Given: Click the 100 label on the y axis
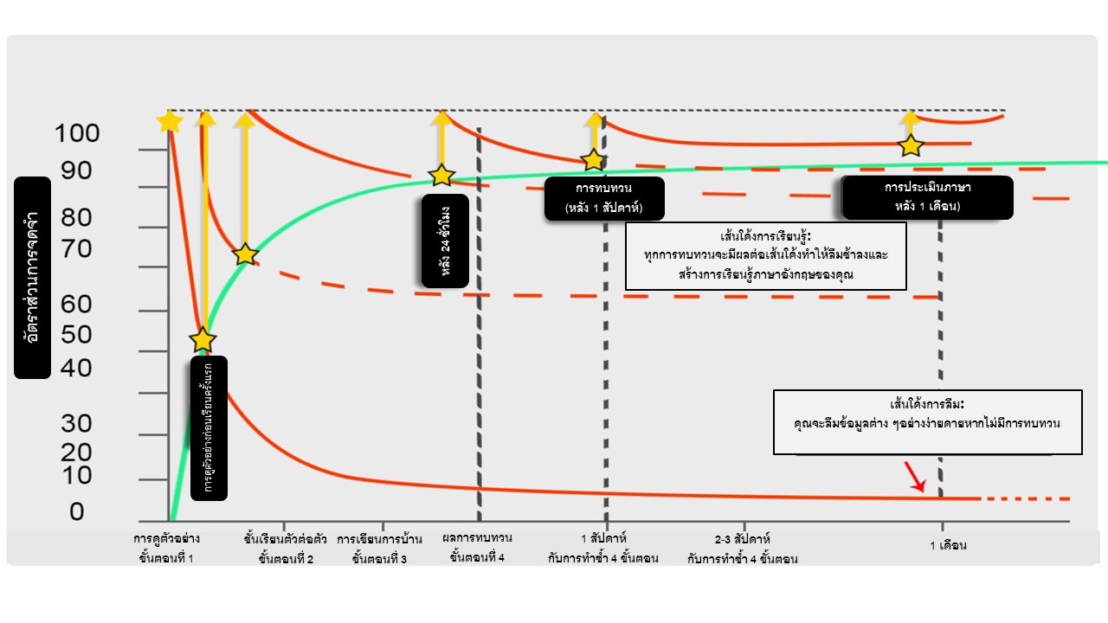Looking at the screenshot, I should coord(77,134).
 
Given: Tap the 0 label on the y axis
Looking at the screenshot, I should coord(77,512).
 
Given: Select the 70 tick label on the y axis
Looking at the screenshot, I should coord(77,250).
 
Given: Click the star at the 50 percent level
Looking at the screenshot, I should coord(203,340).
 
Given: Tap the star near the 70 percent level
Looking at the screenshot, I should coord(246,254).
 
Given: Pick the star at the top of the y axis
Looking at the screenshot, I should coord(171,121).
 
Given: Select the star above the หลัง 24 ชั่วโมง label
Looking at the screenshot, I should coord(441,176).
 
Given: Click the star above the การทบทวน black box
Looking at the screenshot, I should coord(593,160).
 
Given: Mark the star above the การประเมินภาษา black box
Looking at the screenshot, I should coord(910,145).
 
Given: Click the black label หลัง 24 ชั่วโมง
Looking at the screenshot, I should coord(445,241).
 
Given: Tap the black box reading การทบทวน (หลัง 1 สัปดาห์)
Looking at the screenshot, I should coord(604,198).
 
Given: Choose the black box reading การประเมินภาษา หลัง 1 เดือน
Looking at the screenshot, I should coord(927,197).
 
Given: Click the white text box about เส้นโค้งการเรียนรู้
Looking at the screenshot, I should coord(765,256).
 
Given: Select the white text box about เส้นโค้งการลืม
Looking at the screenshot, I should coord(927,422).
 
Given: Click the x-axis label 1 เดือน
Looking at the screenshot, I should coord(947,546).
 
